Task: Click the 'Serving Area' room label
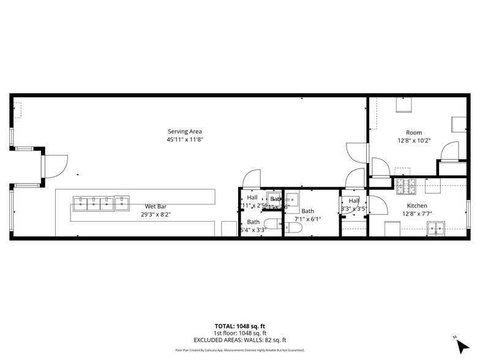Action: tap(184, 132)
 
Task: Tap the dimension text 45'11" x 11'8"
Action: tap(184, 140)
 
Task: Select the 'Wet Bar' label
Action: tap(153, 206)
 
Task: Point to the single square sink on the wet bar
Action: tap(122, 201)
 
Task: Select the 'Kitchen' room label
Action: tap(417, 206)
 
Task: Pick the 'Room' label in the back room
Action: tap(414, 133)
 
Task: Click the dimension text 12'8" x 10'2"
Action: tap(414, 140)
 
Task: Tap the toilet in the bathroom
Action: tap(292, 229)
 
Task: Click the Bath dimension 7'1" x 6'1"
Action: tap(307, 219)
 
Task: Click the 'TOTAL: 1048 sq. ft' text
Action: tap(239, 326)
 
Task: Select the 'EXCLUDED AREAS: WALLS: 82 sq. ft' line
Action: tap(239, 340)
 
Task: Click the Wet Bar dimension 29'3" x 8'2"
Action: tap(153, 214)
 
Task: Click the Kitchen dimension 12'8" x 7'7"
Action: tap(417, 214)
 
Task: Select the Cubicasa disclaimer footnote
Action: tap(239, 350)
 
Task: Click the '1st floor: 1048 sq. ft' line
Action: tap(239, 333)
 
